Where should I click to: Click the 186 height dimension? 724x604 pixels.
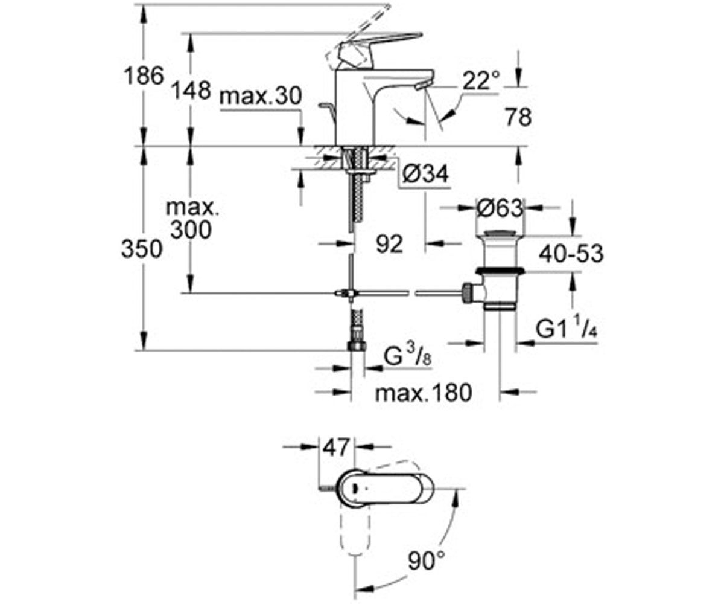coord(144,76)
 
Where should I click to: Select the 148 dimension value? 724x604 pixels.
coord(191,91)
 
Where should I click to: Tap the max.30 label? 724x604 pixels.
coord(261,96)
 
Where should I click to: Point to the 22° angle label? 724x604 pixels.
coord(481,80)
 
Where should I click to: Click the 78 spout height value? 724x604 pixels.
coord(518,117)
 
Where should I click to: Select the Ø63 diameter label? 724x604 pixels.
coord(500,208)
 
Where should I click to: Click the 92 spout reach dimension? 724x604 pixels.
coord(389,244)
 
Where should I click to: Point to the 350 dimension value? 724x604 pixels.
coord(142,249)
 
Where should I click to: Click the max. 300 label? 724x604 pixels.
coord(192,219)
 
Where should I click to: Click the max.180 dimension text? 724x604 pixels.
coord(424,393)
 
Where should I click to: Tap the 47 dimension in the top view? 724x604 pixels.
coord(335,447)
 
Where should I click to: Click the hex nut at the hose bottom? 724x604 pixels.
coord(357,346)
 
